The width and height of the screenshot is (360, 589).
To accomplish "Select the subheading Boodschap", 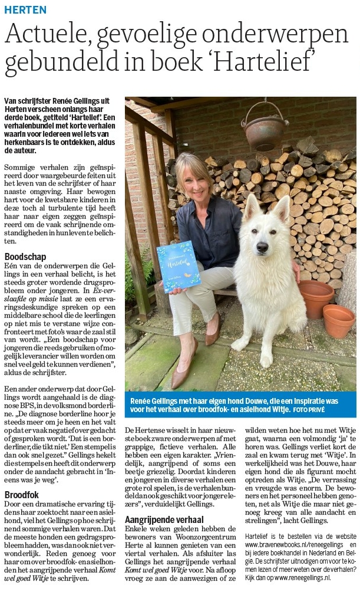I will coord(28,258).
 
